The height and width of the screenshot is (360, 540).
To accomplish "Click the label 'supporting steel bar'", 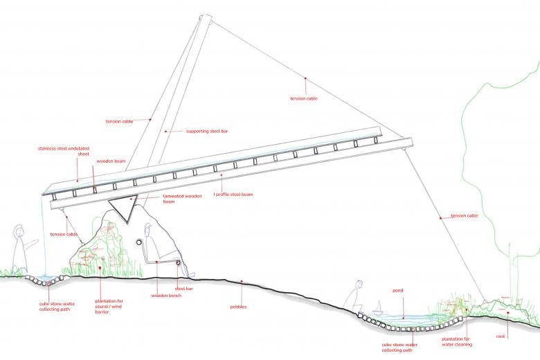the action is pos(207,132).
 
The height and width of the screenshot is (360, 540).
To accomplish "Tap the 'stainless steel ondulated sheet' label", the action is pos(64,151).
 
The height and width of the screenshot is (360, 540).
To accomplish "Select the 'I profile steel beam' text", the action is pos(233,195).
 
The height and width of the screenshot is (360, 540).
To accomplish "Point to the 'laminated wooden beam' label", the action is pos(182,199).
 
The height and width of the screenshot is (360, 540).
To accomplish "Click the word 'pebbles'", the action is pos(238,307).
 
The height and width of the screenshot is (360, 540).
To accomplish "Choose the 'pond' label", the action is pos(398,290).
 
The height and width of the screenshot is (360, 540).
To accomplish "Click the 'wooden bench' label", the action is pos(166,296).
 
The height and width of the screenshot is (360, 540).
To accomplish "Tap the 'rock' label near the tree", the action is pos(501,336).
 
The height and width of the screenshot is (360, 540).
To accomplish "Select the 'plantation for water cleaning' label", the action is pos(457,342).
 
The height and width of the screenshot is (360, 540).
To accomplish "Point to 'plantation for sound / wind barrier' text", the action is pos(109,306).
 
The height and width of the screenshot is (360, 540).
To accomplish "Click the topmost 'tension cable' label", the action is pos(304,98).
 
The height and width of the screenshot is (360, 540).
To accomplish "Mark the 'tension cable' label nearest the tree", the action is pos(465,216).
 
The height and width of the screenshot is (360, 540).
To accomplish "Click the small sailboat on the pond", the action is pos(378,307).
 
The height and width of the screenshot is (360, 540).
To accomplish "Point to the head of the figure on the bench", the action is pos(148,229).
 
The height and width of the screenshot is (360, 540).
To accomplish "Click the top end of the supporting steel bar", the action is pos(206,16).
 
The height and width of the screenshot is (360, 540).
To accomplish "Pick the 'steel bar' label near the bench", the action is pos(184,289).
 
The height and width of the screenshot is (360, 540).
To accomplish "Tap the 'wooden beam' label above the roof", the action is pos(111,161).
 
